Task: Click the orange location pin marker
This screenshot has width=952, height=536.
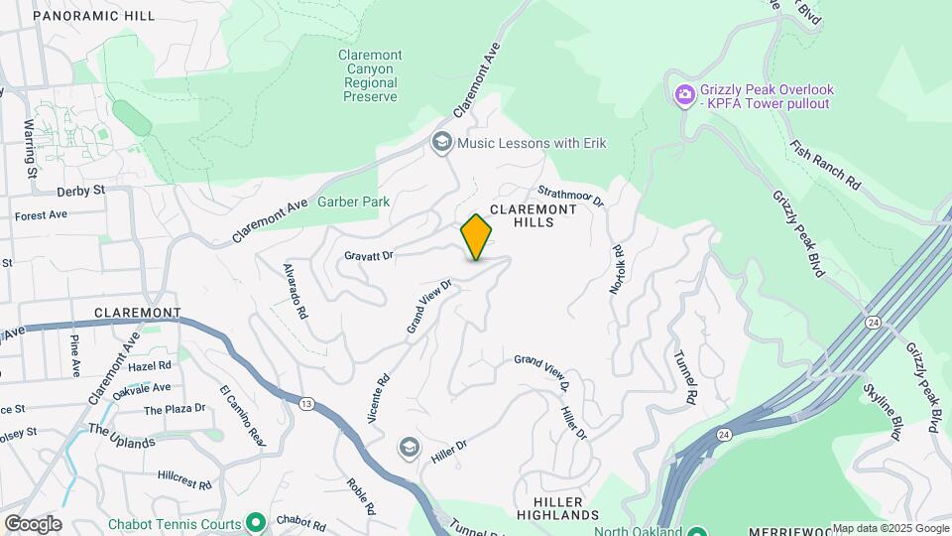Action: point(476,237)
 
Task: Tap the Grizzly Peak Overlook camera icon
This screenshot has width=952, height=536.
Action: point(683,95)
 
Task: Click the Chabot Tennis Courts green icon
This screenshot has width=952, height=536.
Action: point(256,523)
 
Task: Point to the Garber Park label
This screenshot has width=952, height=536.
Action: point(353,201)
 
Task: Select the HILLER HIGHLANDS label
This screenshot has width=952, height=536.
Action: point(558,508)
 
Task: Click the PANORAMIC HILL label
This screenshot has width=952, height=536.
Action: point(94,16)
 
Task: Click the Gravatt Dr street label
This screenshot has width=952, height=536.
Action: point(369,255)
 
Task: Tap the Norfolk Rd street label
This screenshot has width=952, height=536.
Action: point(617,269)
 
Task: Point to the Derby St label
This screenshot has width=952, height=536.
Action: point(80,190)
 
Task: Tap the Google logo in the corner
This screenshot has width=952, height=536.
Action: point(33,523)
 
